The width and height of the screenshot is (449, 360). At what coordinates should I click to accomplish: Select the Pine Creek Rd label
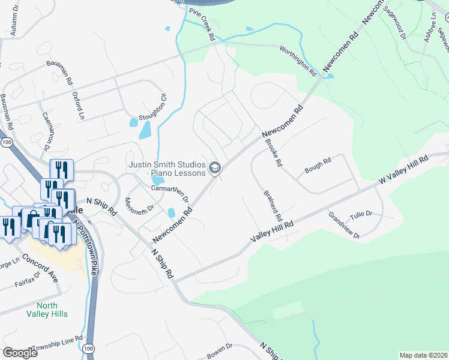[202, 24]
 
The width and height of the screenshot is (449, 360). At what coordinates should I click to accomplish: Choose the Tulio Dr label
[361, 214]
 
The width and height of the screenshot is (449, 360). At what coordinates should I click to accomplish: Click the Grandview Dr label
[344, 225]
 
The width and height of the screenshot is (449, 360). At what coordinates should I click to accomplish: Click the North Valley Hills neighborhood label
[47, 310]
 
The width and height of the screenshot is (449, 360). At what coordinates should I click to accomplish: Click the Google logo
[20, 353]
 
